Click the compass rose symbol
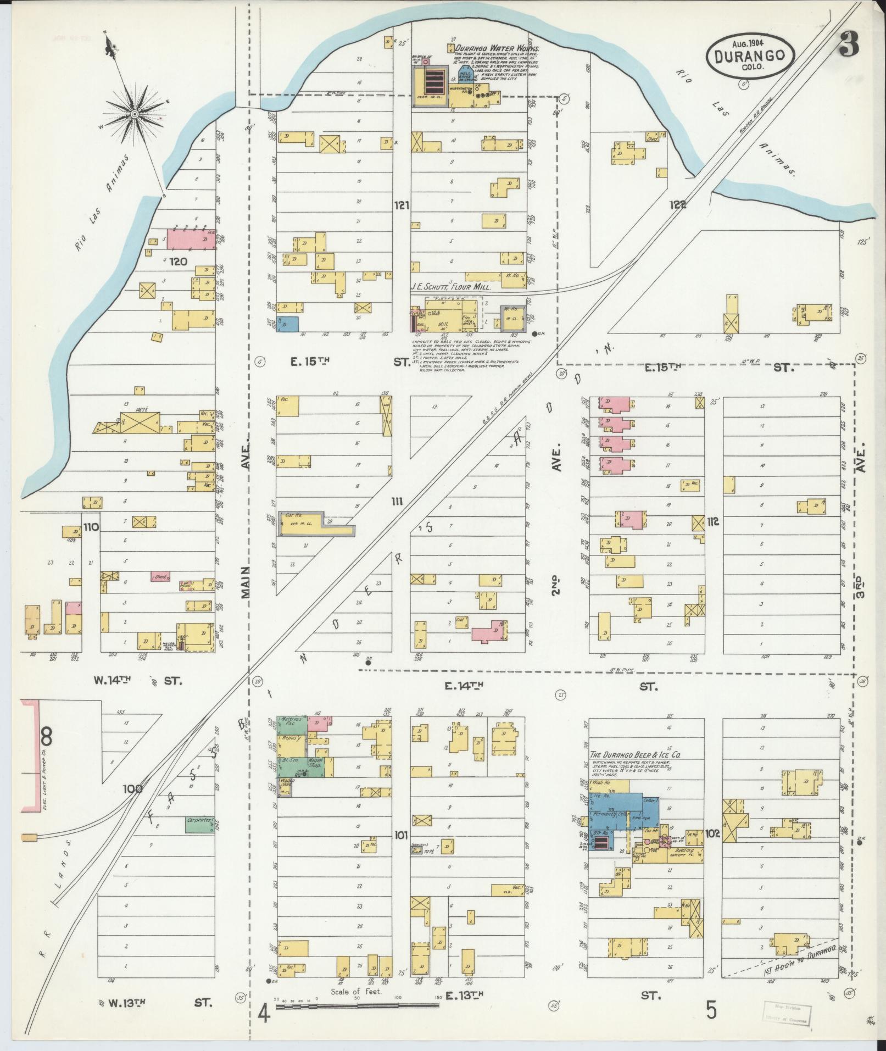click(134, 114)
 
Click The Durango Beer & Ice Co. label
click(634, 755)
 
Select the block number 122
click(678, 205)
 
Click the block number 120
click(179, 262)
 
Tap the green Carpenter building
click(200, 840)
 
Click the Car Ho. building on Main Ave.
click(301, 519)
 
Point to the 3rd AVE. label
click(861, 566)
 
